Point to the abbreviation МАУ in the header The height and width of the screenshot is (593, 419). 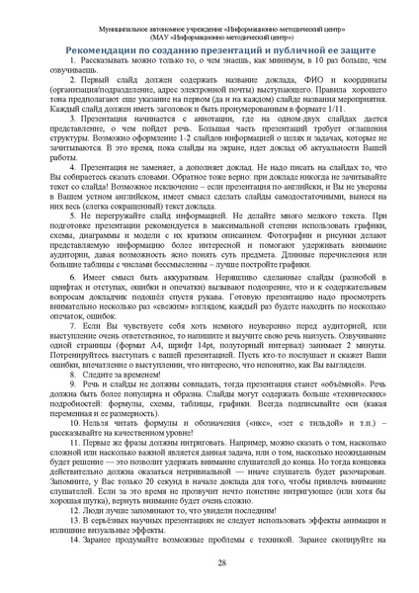click(138, 25)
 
